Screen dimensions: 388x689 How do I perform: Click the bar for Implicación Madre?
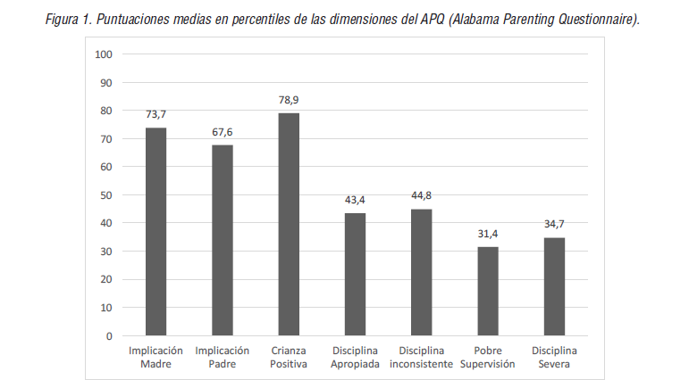click(x=156, y=232)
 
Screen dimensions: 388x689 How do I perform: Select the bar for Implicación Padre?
click(x=223, y=240)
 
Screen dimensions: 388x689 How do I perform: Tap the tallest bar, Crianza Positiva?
click(x=289, y=224)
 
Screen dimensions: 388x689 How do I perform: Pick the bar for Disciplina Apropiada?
click(x=355, y=274)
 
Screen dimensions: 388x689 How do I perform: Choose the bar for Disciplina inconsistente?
click(x=422, y=272)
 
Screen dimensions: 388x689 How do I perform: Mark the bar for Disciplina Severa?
click(x=554, y=286)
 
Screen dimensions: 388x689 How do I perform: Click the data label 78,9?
click(x=289, y=100)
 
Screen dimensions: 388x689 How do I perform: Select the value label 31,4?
click(x=488, y=234)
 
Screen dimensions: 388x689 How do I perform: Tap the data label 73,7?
click(x=156, y=114)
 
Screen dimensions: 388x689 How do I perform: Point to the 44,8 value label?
click(x=422, y=196)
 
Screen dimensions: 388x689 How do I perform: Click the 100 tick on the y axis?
click(x=103, y=54)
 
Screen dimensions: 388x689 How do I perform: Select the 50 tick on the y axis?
click(x=105, y=195)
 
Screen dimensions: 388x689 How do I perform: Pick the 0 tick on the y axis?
click(x=108, y=335)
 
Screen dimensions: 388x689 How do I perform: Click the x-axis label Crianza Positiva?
click(x=289, y=357)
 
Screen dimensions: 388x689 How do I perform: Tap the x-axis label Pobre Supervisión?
click(x=488, y=357)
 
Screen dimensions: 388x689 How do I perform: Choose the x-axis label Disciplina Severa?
click(x=554, y=357)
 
